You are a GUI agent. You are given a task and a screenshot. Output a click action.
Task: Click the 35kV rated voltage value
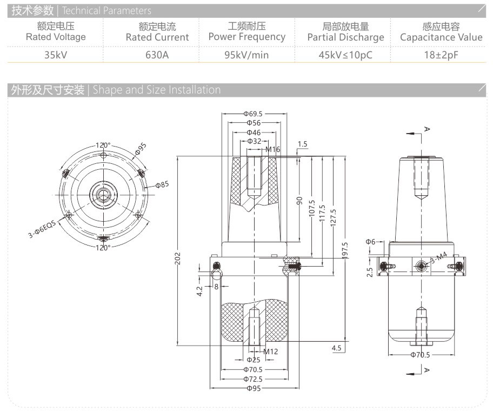(56, 55)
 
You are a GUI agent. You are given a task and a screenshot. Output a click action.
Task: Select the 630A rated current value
(157, 55)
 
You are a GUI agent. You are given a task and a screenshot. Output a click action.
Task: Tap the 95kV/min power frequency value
(247, 55)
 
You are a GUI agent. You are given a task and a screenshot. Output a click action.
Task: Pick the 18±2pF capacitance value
(441, 55)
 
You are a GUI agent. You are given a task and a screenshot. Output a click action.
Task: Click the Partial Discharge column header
(345, 37)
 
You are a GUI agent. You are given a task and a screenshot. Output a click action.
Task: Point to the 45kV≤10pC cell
(345, 55)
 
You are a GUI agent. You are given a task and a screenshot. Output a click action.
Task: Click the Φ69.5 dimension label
(252, 114)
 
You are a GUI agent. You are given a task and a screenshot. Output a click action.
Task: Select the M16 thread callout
(272, 149)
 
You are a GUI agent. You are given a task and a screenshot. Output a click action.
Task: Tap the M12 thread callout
(270, 352)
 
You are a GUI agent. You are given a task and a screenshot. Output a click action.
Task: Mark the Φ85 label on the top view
(162, 184)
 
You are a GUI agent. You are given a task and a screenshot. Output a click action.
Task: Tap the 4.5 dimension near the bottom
(337, 348)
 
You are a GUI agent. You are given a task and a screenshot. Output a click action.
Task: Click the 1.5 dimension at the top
(302, 144)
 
